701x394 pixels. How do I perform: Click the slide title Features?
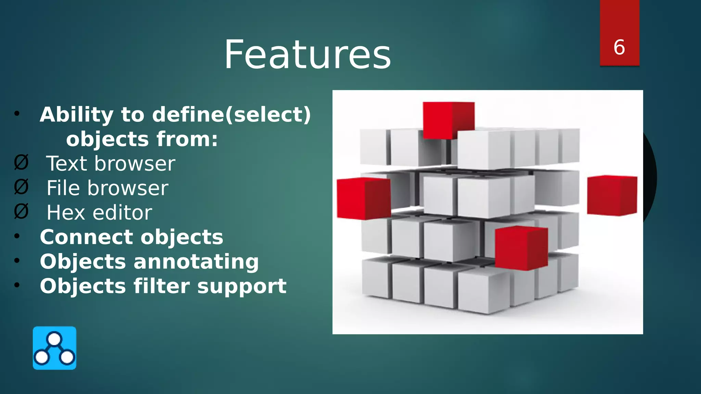point(307,55)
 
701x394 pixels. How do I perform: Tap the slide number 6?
point(619,47)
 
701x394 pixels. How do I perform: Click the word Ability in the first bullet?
point(77,115)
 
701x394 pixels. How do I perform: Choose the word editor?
point(123,213)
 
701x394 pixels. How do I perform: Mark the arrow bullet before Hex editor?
point(21,212)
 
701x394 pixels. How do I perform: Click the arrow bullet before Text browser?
point(21,162)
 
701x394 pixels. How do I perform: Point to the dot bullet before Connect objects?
point(17,236)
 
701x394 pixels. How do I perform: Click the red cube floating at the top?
point(448,120)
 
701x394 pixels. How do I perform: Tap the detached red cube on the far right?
point(612,195)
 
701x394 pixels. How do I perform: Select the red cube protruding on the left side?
point(364,198)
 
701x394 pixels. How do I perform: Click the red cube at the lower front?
point(521,248)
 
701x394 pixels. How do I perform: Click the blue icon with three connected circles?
point(54,348)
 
